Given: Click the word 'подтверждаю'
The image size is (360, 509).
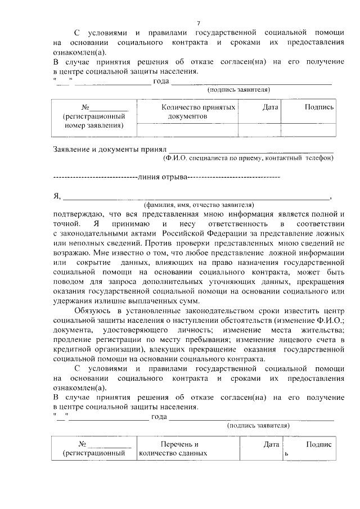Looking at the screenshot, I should point(79,214).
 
